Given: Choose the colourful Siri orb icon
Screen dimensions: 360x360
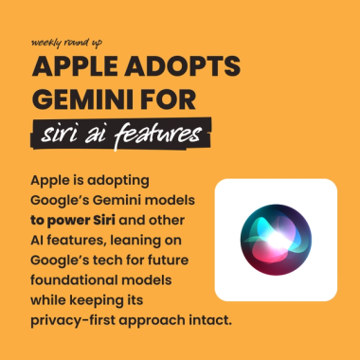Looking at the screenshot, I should pyautogui.click(x=276, y=239).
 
